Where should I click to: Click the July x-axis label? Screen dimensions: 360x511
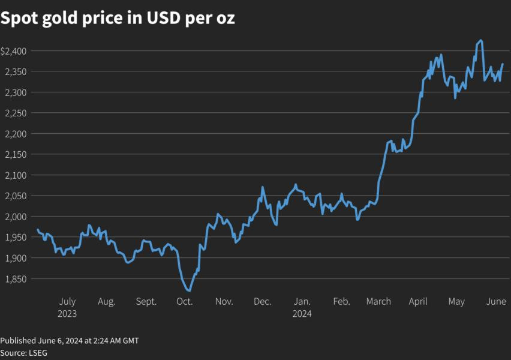tap(67, 301)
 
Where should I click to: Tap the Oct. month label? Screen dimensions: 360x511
tap(185, 301)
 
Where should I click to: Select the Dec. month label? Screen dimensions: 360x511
tap(262, 301)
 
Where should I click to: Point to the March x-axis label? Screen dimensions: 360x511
tap(378, 301)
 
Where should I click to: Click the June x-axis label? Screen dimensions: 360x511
tap(496, 301)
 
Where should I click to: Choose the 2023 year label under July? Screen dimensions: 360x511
tap(67, 313)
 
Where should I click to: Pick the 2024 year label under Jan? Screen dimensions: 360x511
tap(302, 313)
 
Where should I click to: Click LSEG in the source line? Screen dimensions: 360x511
tap(37, 353)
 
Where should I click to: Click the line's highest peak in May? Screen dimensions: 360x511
tap(481, 40)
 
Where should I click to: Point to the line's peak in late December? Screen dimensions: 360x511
tap(296, 184)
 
